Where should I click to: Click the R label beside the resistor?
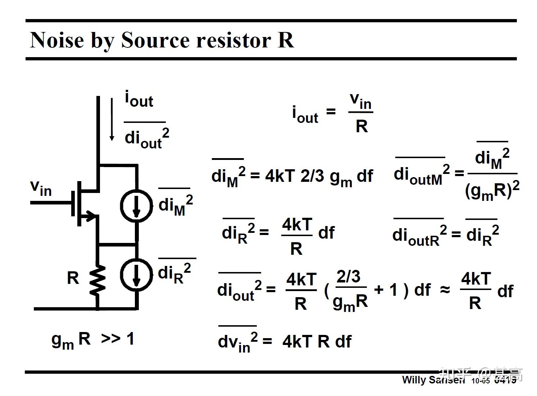[73, 278]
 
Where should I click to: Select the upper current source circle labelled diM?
[136, 205]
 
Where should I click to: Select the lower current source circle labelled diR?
[136, 275]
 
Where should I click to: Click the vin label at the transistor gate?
[41, 187]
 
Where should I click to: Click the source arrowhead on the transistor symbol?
[92, 216]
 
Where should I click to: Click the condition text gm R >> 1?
[93, 339]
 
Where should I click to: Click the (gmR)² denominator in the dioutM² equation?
[492, 190]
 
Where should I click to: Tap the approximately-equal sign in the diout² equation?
[445, 290]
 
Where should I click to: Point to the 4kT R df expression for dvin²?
[317, 341]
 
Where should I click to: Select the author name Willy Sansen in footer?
[433, 380]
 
